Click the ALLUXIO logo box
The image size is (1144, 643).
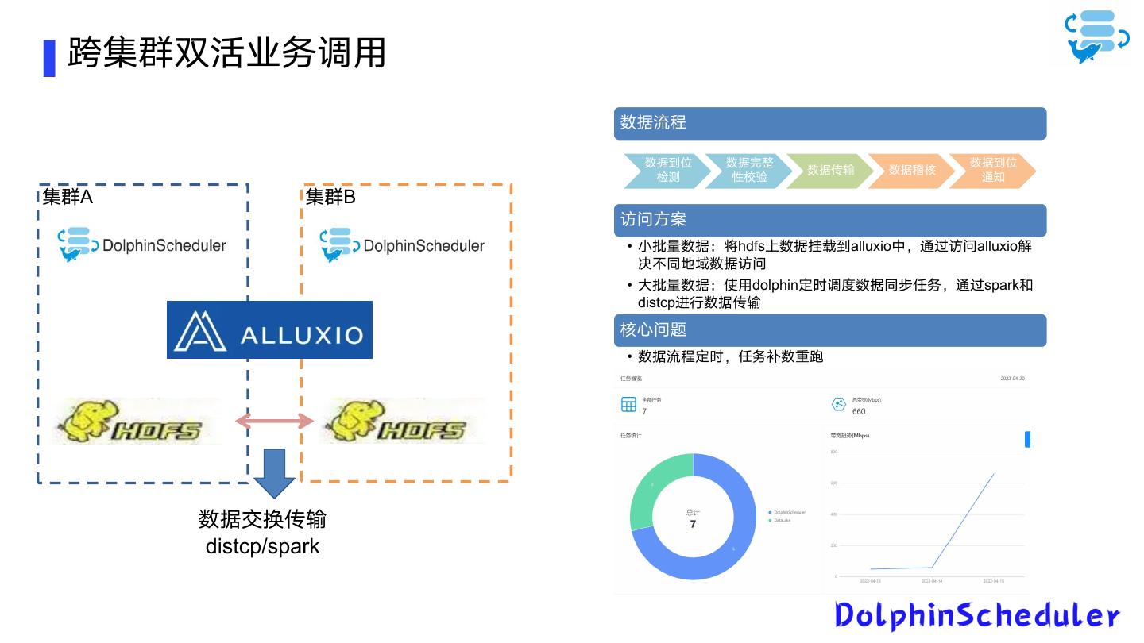[269, 329]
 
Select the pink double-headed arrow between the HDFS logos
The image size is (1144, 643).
[274, 421]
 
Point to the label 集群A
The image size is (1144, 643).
[68, 197]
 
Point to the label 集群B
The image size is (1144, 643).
[330, 197]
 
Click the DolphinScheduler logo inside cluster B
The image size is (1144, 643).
[403, 245]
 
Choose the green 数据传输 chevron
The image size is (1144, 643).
[830, 170]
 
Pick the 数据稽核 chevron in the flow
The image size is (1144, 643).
[911, 170]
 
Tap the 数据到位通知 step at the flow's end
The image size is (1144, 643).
[993, 170]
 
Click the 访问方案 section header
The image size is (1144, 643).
[830, 220]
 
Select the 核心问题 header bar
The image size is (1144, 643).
[830, 330]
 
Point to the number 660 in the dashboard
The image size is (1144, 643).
[859, 411]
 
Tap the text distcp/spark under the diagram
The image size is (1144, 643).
[262, 546]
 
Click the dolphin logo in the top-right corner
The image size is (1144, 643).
[1097, 37]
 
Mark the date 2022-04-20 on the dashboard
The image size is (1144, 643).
[1012, 379]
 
